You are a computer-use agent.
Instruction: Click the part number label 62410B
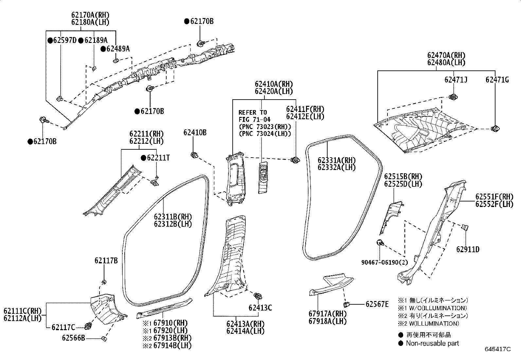click(195, 133)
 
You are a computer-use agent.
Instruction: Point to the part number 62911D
click(468, 250)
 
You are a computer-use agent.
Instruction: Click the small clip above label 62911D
click(464, 227)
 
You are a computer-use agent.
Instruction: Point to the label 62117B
click(106, 261)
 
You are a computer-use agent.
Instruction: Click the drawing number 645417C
click(497, 349)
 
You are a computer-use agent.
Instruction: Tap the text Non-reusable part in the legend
click(432, 343)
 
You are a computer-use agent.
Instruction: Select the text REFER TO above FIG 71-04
click(253, 112)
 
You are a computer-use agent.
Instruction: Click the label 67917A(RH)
click(327, 314)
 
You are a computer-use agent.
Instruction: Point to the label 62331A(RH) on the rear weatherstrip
click(336, 160)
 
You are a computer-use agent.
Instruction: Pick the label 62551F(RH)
click(494, 197)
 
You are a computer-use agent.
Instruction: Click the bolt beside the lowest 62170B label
click(43, 120)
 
